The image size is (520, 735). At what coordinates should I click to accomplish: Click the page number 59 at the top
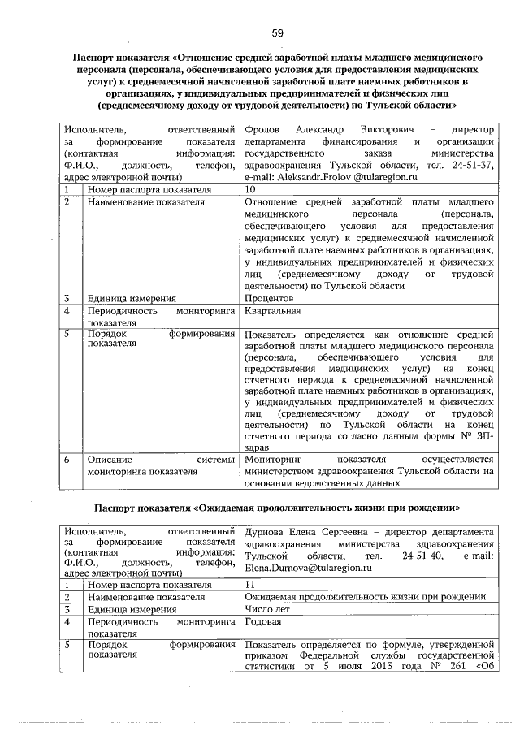[277, 32]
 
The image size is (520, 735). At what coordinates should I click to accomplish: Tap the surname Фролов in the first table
[262, 130]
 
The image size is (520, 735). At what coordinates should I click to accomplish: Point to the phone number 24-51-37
[473, 164]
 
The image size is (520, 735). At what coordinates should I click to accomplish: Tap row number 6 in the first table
[71, 460]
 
